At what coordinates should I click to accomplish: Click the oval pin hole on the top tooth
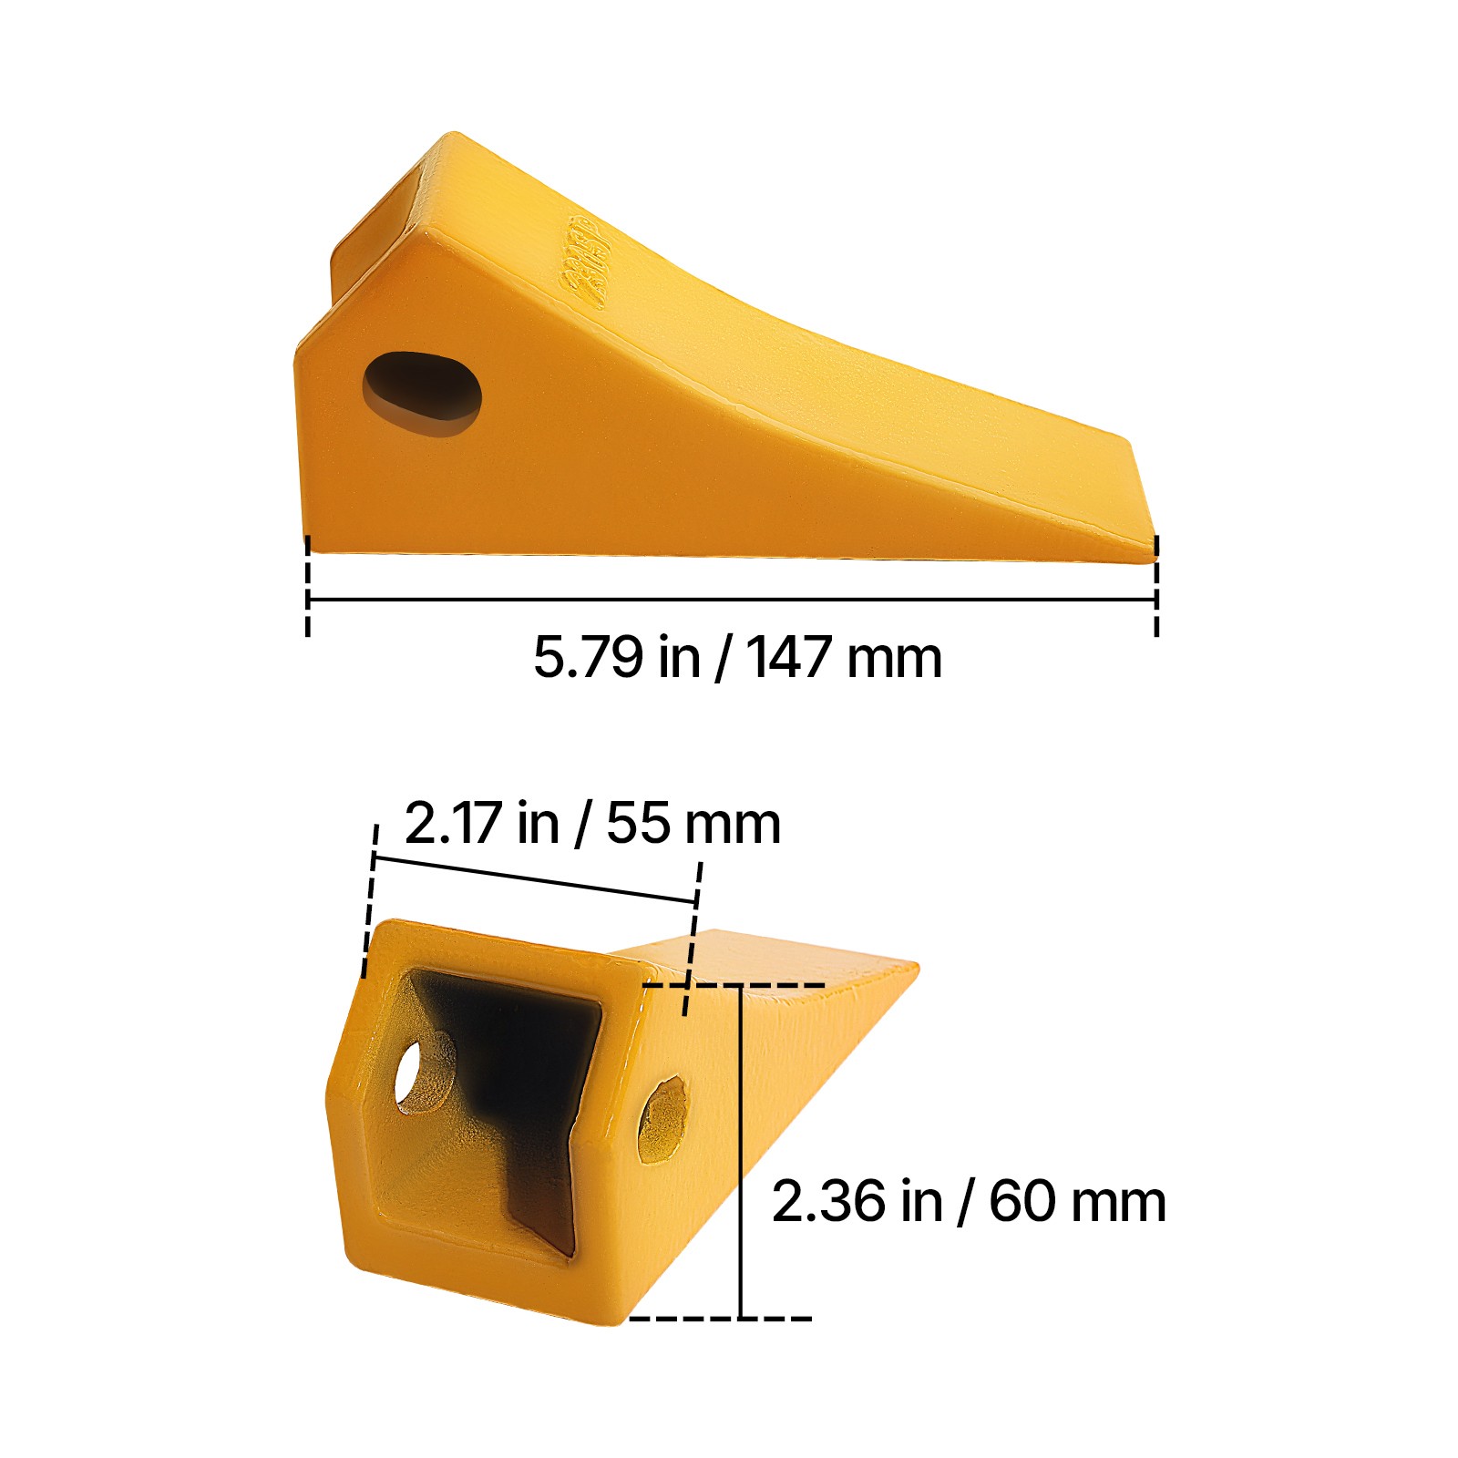tap(422, 392)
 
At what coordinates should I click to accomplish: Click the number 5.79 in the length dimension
tap(587, 657)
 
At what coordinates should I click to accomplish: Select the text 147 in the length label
tap(787, 657)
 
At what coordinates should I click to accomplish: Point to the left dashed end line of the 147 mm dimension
tap(308, 588)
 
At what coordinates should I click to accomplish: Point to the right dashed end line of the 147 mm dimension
tap(1156, 588)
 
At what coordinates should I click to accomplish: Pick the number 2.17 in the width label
tap(453, 823)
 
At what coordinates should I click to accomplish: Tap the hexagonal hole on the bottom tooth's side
tap(662, 1119)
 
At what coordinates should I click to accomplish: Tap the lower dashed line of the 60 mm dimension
tap(720, 1318)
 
